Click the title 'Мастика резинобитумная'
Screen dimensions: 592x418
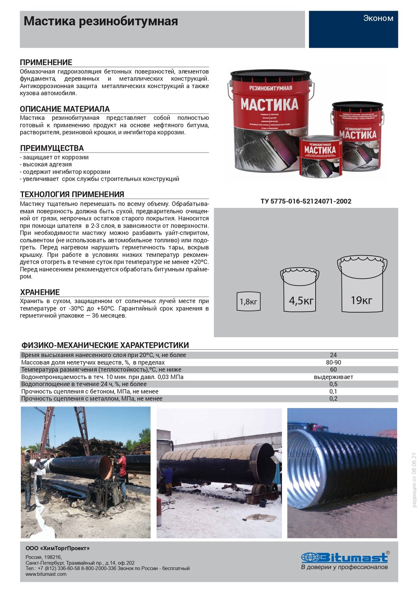tap(101, 21)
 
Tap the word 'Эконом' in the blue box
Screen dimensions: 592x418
tap(378, 18)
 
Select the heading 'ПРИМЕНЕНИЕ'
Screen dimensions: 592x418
tap(46, 62)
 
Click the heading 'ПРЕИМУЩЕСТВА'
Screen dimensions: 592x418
tap(52, 148)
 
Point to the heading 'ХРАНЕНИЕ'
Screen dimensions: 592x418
tap(40, 292)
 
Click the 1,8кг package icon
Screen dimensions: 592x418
tap(248, 302)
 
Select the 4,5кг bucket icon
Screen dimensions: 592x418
tap(301, 291)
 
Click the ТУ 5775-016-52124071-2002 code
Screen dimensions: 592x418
tap(306, 201)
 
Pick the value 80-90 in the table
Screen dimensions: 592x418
tap(333, 362)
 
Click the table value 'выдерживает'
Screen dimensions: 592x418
tap(333, 377)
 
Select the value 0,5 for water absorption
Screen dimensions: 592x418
tap(333, 384)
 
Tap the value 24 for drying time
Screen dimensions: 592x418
tap(333, 355)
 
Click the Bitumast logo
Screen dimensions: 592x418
tap(345, 558)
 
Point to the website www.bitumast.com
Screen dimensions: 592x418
tap(46, 574)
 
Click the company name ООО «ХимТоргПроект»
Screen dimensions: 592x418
tap(58, 549)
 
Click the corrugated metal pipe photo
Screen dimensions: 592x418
tap(342, 473)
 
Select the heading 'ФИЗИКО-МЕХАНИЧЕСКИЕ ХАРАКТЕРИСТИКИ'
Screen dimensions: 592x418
tap(105, 345)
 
